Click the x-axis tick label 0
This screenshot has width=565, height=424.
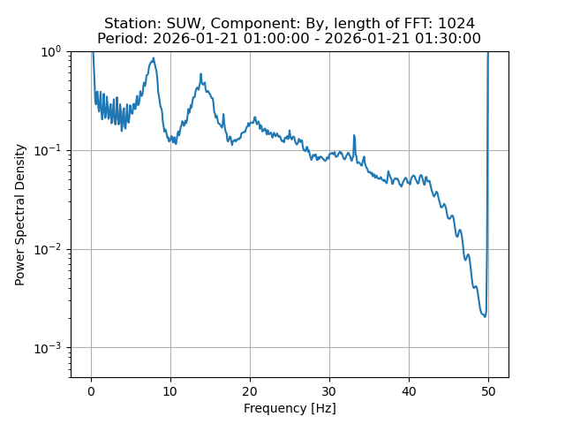pos(91,390)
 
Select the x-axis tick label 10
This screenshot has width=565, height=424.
pos(170,390)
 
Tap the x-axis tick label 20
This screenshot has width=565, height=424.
pos(250,390)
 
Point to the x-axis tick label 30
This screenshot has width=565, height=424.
pos(329,390)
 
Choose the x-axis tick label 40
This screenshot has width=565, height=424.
pos(409,390)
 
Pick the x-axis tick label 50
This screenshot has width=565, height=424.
pos(488,390)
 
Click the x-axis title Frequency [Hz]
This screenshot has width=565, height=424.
pos(290,408)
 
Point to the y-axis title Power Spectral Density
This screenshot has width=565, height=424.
pos(20,215)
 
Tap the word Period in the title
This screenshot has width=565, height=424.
pos(121,39)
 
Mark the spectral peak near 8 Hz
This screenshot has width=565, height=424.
pos(154,59)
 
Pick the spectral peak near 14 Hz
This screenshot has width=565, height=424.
pos(201,75)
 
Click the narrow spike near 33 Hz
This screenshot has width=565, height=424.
pos(354,136)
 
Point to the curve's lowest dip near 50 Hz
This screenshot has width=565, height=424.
pos(485,316)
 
